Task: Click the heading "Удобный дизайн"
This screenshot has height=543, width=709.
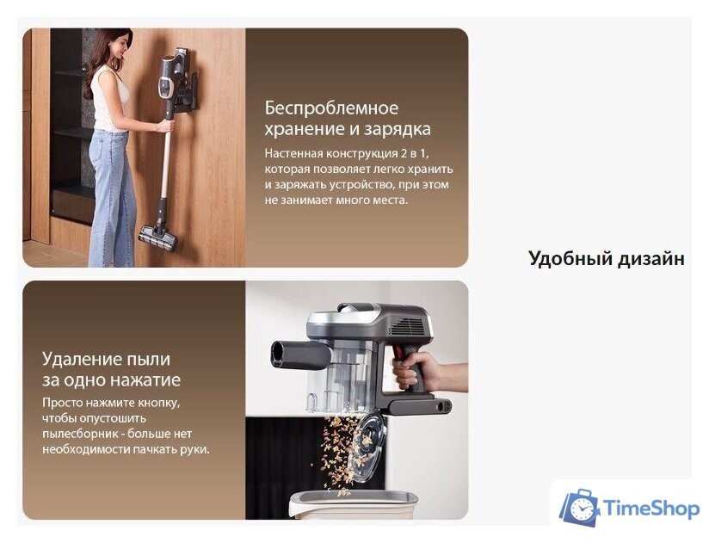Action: (606, 258)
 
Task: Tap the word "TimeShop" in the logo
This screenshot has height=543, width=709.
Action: (651, 509)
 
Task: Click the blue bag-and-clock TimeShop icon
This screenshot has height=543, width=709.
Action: (580, 507)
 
